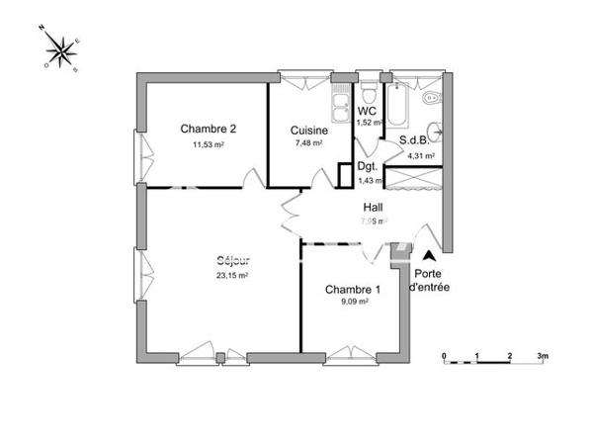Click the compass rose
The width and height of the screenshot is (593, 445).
[62, 51]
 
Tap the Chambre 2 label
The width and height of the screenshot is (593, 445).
[208, 129]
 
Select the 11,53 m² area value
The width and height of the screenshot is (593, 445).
[208, 144]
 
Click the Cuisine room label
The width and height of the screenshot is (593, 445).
[309, 130]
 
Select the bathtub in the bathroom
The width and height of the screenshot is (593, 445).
[401, 103]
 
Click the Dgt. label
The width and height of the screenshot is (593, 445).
[368, 167]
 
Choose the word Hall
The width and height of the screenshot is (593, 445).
[373, 208]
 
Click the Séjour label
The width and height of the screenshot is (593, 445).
[233, 261]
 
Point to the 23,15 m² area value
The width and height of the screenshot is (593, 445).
[233, 276]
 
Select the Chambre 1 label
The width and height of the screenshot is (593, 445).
[352, 290]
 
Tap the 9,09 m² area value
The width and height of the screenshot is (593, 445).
[352, 305]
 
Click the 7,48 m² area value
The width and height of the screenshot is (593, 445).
[309, 144]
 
